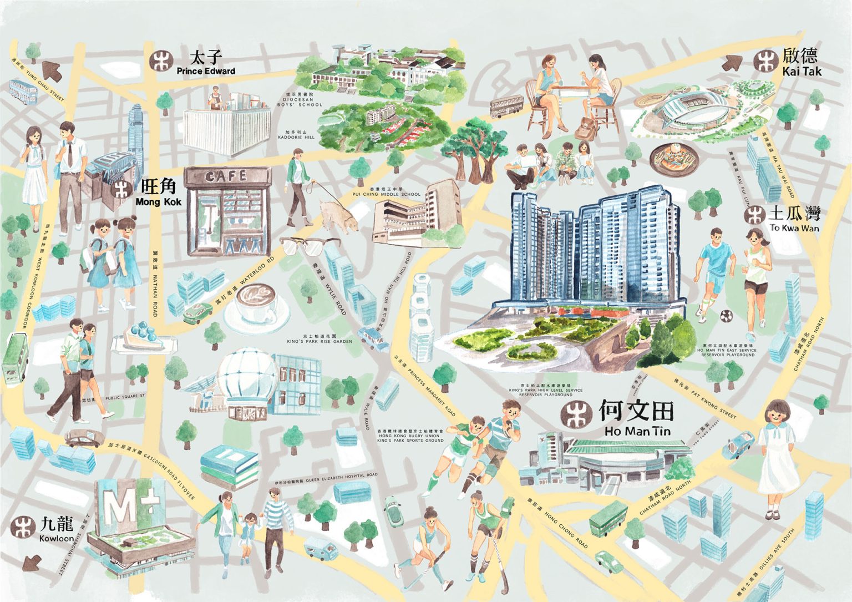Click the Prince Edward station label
tap(206, 63)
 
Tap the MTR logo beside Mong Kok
tap(123, 189)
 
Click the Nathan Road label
tap(155, 283)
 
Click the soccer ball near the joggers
tap(725, 316)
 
